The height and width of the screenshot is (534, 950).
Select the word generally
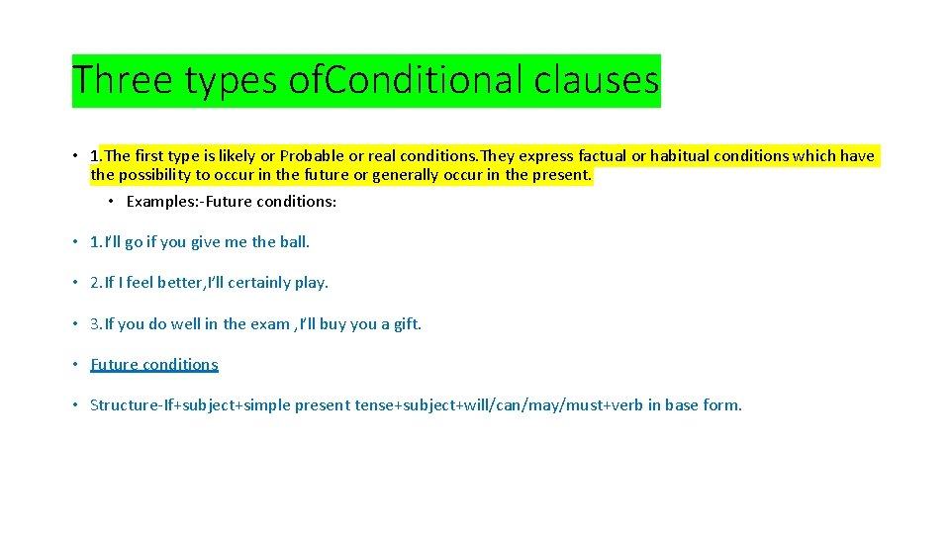tap(404, 175)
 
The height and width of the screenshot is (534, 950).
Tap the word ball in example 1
tap(293, 241)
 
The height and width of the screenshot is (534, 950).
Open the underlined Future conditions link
tap(153, 364)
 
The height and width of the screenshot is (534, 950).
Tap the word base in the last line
tap(682, 404)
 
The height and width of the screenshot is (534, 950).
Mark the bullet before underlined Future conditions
tap(75, 364)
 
